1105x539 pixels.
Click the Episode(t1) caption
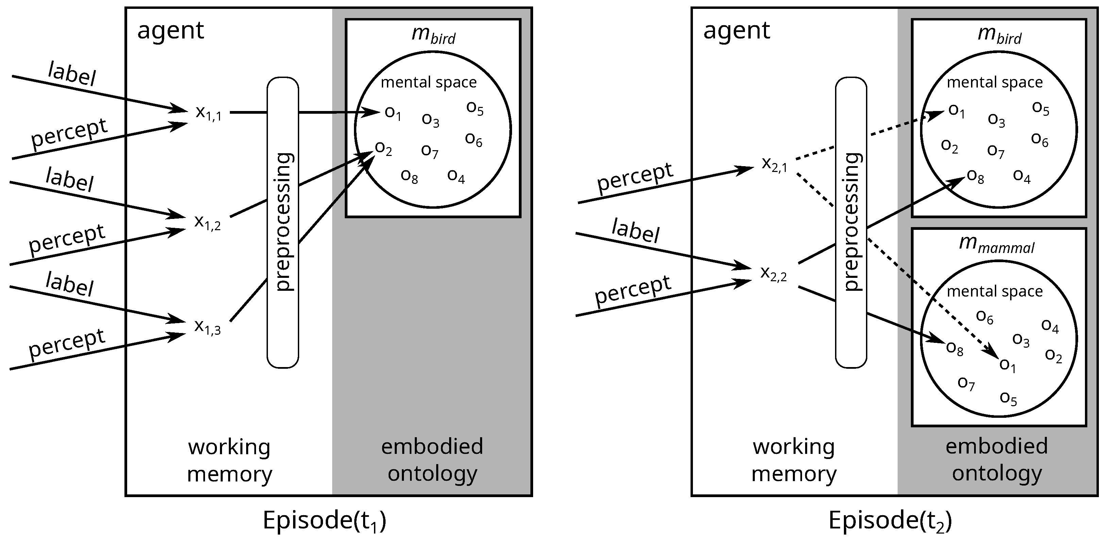pos(324,521)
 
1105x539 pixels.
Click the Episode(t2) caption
pos(890,521)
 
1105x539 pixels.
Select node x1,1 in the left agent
pos(208,113)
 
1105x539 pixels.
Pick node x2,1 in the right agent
pos(774,164)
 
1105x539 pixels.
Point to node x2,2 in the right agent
pos(773,273)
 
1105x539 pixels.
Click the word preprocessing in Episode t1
pos(284,222)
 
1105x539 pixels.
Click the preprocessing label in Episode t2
pos(851,222)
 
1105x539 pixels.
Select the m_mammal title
pos(997,245)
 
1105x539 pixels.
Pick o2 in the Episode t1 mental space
pos(384,148)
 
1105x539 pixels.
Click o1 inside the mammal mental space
pos(1007,365)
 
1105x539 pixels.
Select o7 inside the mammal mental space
pos(966,383)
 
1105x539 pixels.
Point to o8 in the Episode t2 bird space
pos(975,176)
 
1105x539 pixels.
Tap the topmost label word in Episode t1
pos(72,74)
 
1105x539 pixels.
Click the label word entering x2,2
pos(635,231)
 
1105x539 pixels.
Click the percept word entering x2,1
pos(635,177)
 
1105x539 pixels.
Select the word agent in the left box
pos(170,31)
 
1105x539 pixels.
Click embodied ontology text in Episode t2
pos(997,460)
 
